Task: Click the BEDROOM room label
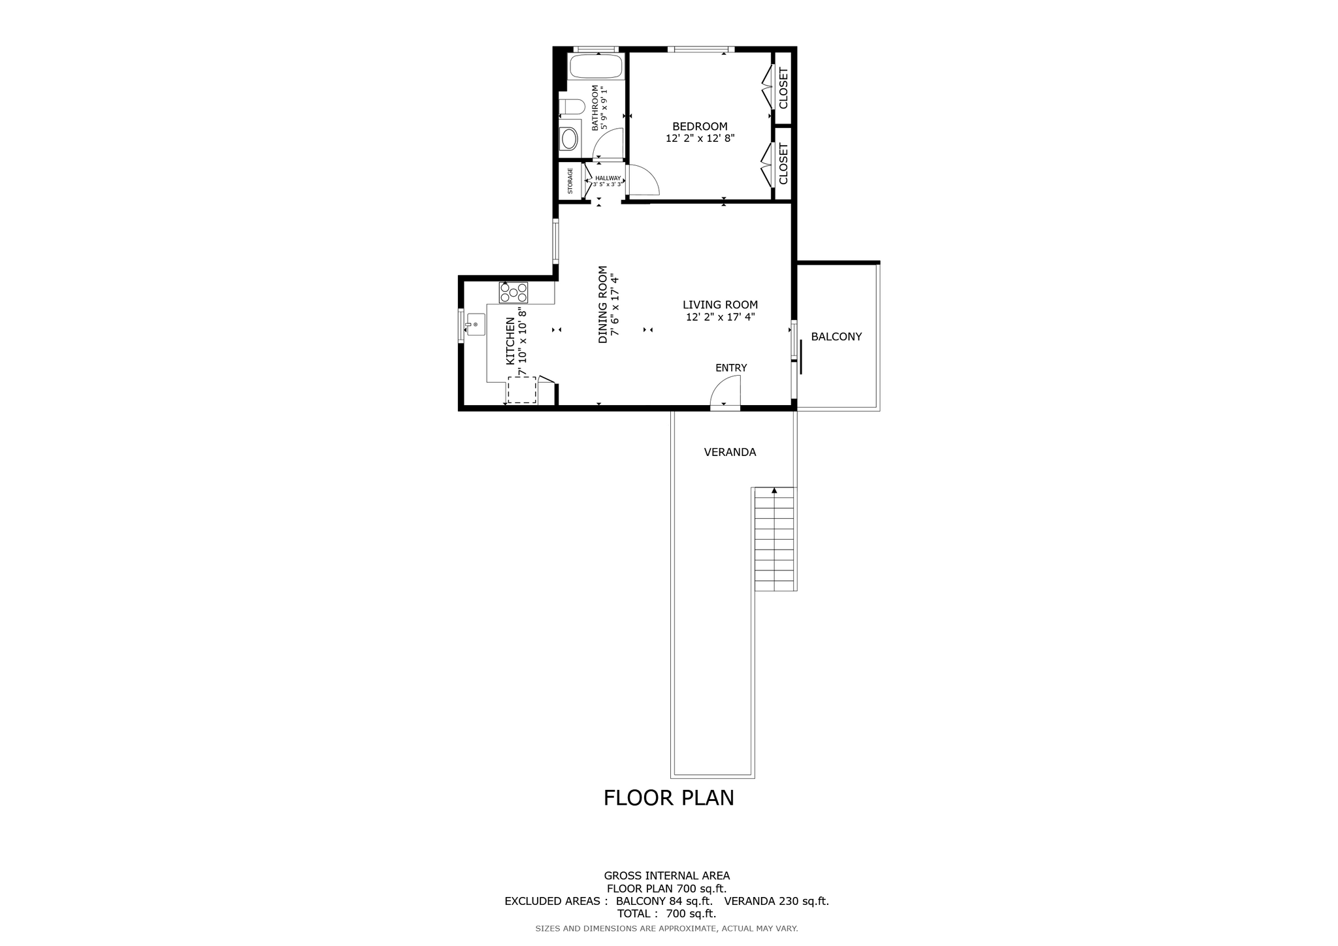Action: (x=700, y=127)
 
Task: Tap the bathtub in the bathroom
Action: (x=595, y=66)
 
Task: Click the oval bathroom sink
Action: (x=570, y=139)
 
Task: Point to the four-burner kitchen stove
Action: (x=514, y=292)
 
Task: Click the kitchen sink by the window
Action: (x=475, y=324)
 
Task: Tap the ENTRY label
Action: (x=730, y=368)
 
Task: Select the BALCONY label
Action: (x=836, y=336)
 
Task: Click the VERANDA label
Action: (x=730, y=452)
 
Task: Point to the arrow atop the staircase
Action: (x=774, y=490)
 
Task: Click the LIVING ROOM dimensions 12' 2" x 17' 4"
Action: (x=720, y=318)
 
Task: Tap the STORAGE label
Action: (x=570, y=181)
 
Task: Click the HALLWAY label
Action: (x=608, y=178)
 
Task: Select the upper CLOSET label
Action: (x=783, y=88)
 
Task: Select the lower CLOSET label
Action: (x=783, y=164)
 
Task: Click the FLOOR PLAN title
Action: (x=668, y=798)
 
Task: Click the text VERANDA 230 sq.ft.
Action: (x=776, y=901)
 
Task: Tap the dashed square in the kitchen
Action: (x=521, y=389)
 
